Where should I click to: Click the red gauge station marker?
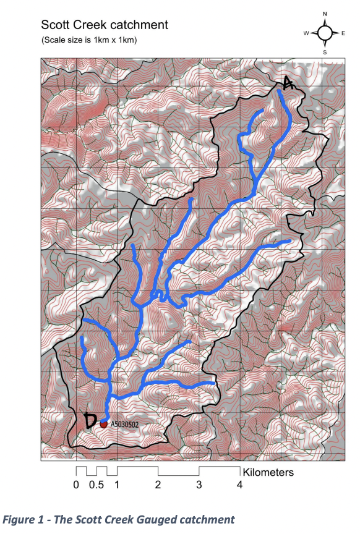104,424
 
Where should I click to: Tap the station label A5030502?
127,425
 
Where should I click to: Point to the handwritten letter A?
286,83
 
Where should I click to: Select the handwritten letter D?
90,421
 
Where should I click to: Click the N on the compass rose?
325,13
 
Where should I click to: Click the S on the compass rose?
325,53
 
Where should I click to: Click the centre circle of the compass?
325,33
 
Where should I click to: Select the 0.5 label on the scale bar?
96,485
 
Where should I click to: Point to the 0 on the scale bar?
76,485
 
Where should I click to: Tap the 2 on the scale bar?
158,485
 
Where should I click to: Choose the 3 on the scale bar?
199,485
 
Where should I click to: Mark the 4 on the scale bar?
239,485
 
